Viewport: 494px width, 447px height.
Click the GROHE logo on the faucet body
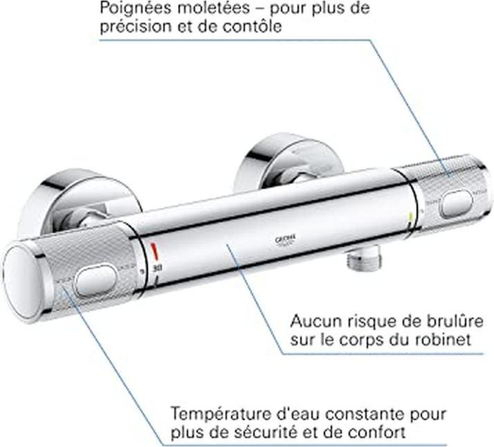286,239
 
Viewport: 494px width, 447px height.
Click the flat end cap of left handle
27,284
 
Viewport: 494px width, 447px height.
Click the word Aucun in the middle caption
311,321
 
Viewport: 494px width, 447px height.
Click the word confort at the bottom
378,433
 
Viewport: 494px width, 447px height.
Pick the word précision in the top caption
131,28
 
